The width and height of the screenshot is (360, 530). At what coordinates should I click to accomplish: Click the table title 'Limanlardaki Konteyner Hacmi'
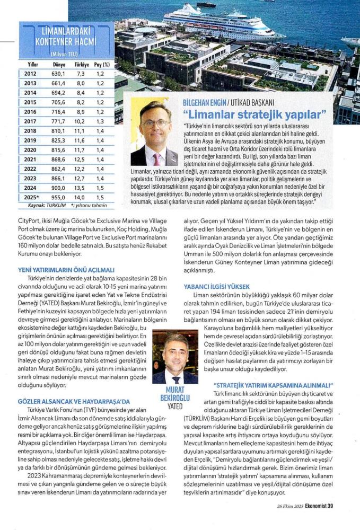(65, 36)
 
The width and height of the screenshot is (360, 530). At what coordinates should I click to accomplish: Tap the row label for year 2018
(31, 130)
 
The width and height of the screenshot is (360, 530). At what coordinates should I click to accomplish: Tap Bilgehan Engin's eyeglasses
(155, 123)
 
